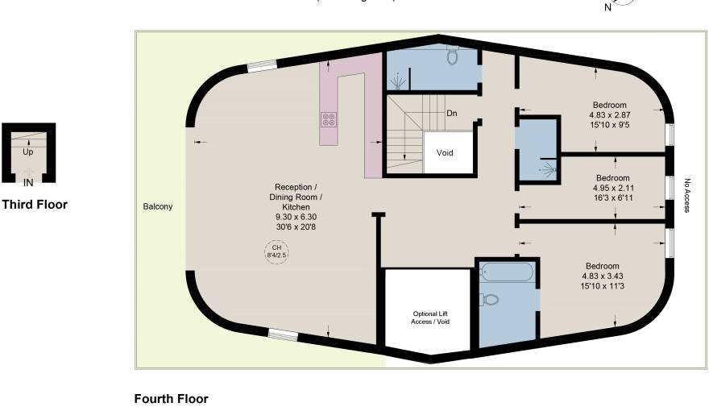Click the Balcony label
(157, 207)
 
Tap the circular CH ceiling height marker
(276, 251)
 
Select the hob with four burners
(329, 119)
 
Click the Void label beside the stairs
(445, 152)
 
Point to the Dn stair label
(452, 114)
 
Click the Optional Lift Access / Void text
(427, 318)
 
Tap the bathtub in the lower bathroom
(506, 272)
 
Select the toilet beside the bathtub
(489, 300)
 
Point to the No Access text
(687, 195)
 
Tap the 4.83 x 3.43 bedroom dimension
(603, 276)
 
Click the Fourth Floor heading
(171, 399)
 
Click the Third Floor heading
(35, 205)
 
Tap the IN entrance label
(28, 182)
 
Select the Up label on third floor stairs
(28, 152)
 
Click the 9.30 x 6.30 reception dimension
(298, 217)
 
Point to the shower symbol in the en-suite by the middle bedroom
(549, 170)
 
